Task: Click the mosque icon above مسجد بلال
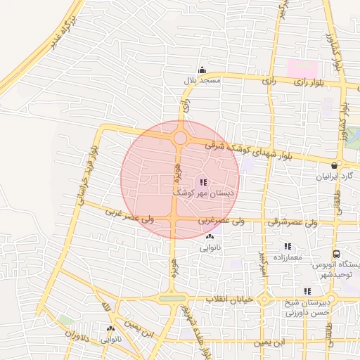(x=202, y=70)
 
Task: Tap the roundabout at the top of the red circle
(x=180, y=138)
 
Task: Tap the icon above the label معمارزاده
(x=287, y=246)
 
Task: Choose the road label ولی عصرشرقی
(x=291, y=222)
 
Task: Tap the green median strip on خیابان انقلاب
(x=172, y=299)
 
